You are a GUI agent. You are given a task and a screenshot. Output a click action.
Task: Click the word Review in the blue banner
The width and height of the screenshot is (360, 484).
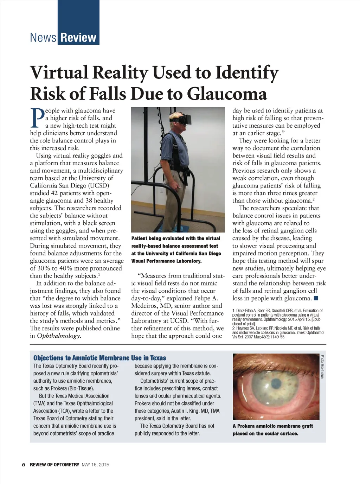(x=78, y=37)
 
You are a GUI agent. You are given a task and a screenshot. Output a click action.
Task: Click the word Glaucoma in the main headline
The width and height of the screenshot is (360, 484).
(x=227, y=94)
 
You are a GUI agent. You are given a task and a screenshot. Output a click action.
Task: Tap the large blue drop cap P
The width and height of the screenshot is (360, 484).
(x=37, y=117)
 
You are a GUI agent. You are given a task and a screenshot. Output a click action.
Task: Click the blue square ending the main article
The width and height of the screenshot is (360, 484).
(x=316, y=299)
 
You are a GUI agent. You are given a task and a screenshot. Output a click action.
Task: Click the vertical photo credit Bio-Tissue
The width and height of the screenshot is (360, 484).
(x=322, y=367)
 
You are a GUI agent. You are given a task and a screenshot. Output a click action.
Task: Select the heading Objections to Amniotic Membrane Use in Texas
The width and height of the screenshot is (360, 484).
(x=99, y=358)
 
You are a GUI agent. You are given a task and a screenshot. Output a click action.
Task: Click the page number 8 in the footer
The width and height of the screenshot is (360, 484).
(x=24, y=465)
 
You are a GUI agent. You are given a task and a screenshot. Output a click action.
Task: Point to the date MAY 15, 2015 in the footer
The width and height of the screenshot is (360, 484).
(x=95, y=465)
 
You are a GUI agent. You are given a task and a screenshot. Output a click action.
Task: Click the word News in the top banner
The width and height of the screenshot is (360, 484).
(x=43, y=37)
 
